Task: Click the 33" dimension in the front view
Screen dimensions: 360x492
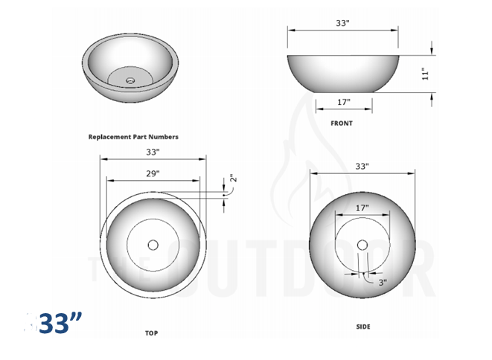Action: pyautogui.click(x=342, y=23)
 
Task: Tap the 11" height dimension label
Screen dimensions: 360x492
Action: pyautogui.click(x=425, y=74)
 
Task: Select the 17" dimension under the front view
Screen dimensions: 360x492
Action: pyautogui.click(x=343, y=102)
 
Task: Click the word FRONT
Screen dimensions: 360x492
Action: pyautogui.click(x=342, y=123)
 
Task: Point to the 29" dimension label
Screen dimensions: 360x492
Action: pyautogui.click(x=153, y=173)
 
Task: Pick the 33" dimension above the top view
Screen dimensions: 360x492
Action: pyautogui.click(x=153, y=152)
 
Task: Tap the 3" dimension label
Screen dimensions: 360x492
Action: pyautogui.click(x=382, y=283)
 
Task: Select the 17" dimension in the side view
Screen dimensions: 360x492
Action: pyautogui.click(x=362, y=208)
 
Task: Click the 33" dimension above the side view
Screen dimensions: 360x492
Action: pyautogui.click(x=362, y=167)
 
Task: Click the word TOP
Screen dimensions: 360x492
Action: pyautogui.click(x=152, y=334)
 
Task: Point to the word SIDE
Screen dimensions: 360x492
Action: pyautogui.click(x=362, y=327)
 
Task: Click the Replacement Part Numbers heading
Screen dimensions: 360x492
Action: pyautogui.click(x=133, y=137)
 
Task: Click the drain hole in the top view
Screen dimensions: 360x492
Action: pyautogui.click(x=153, y=244)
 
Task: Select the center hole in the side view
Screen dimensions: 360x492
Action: pyautogui.click(x=362, y=244)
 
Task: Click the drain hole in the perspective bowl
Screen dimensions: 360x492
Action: pyautogui.click(x=131, y=80)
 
